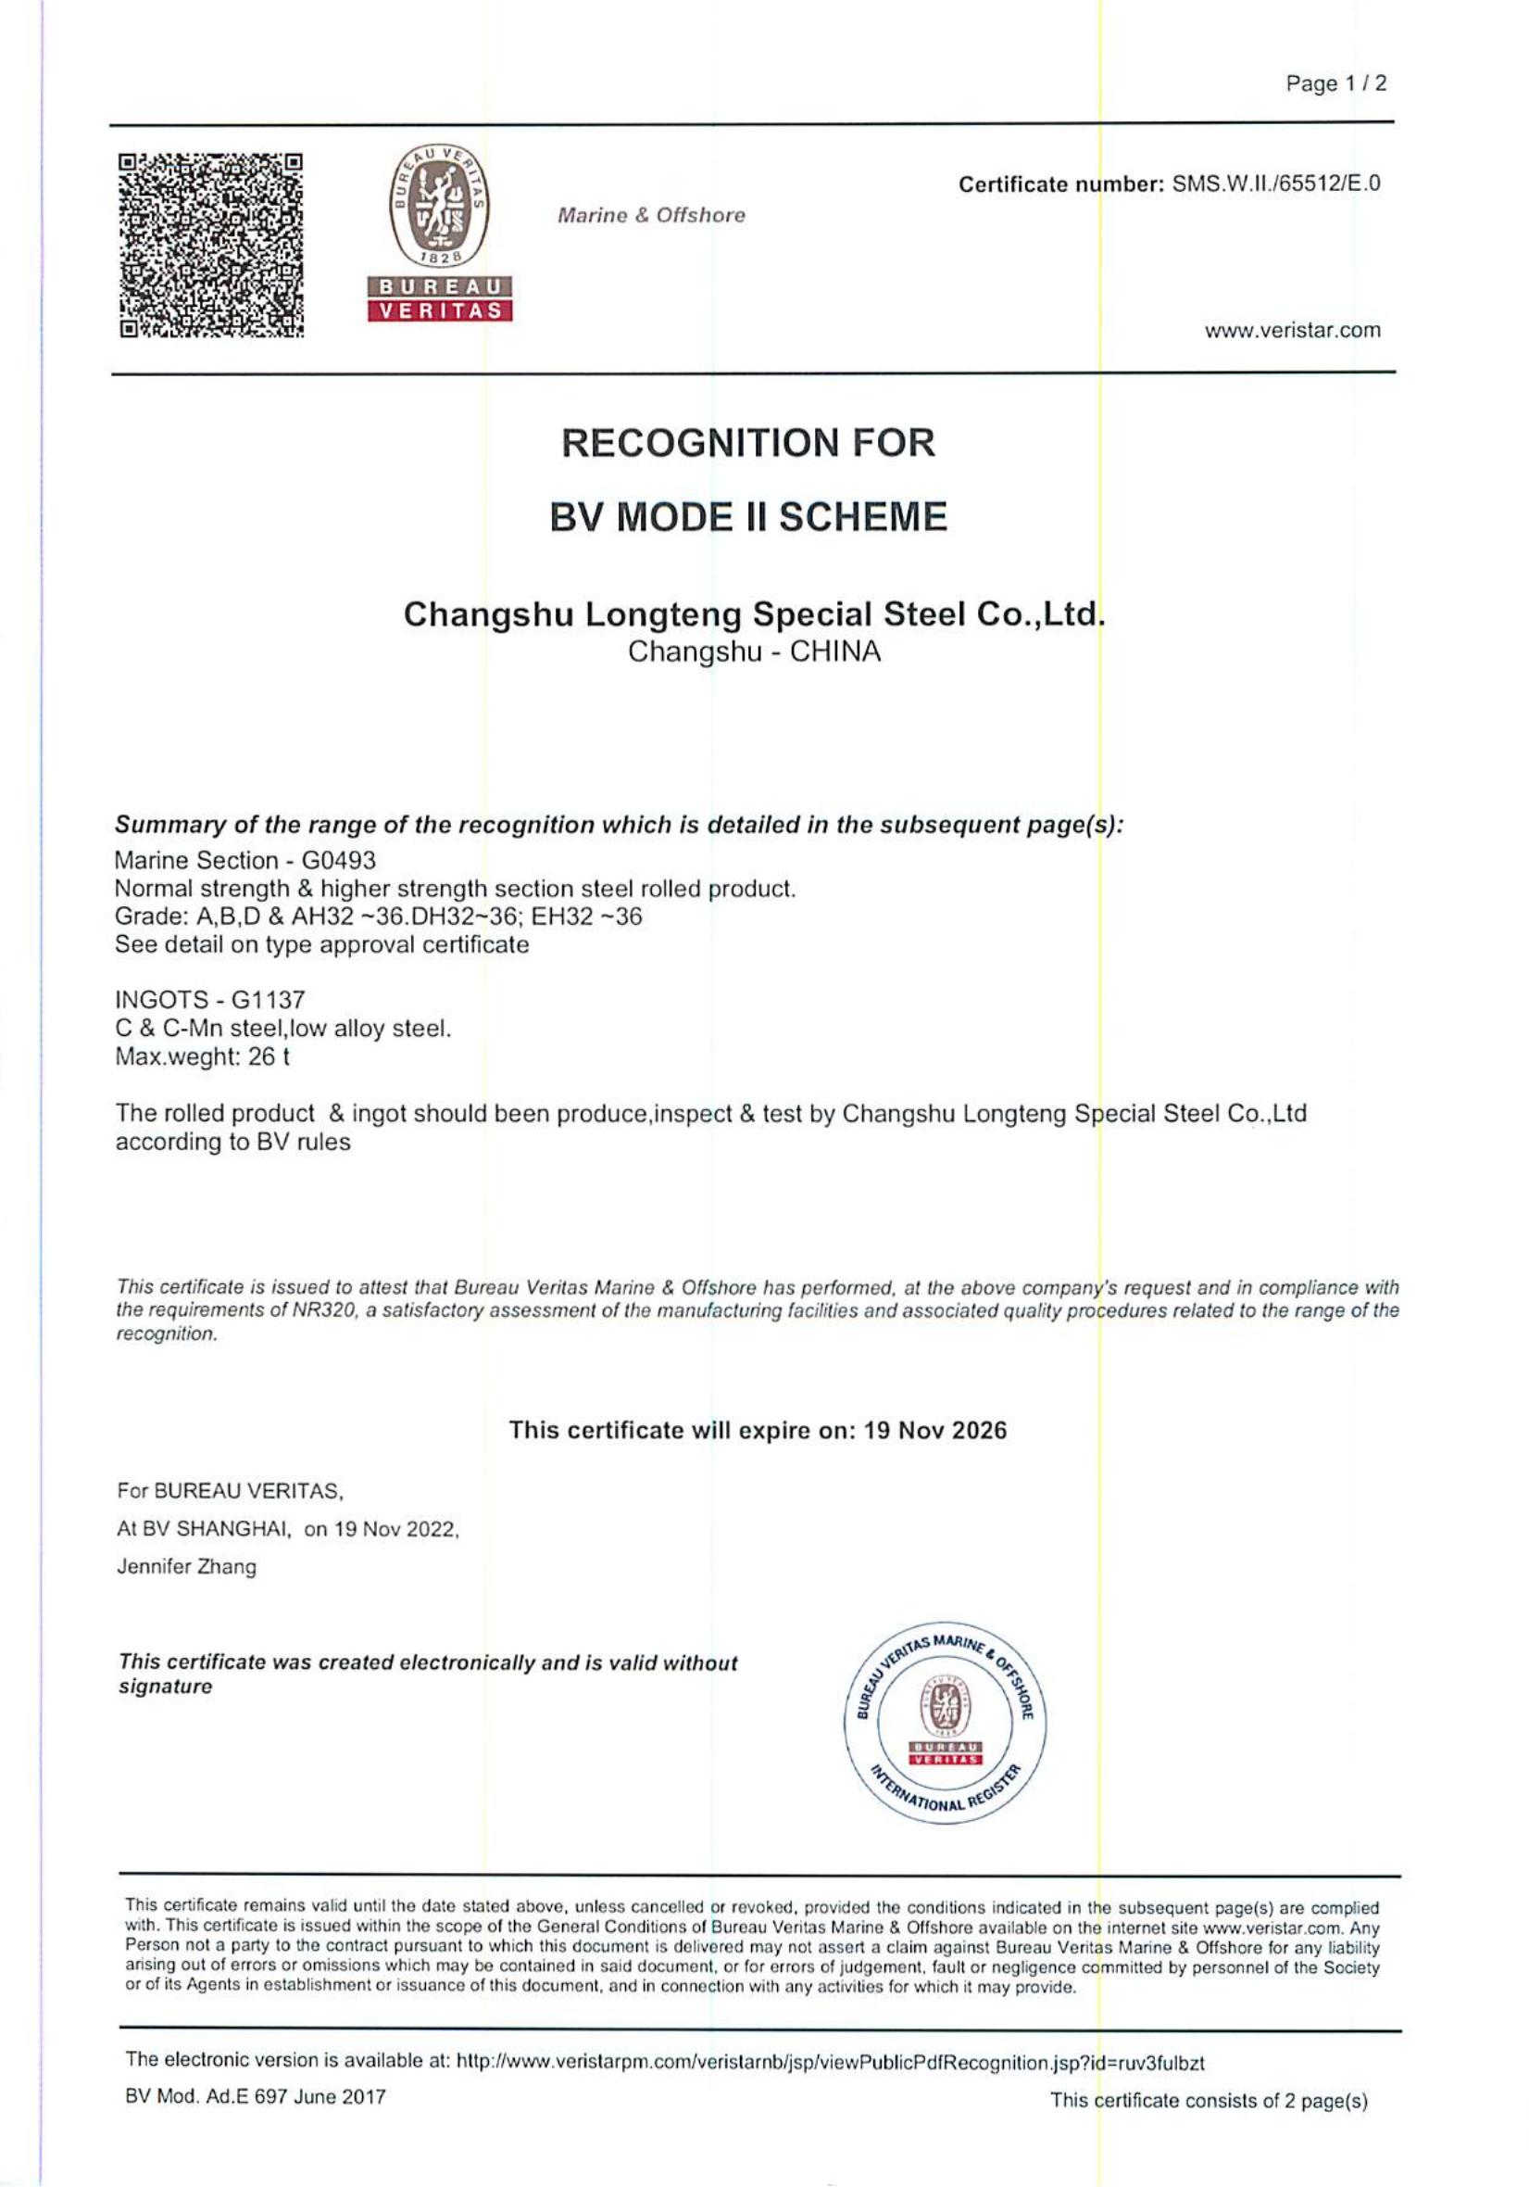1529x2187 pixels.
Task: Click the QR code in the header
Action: coord(210,246)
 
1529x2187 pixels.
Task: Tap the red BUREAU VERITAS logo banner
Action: coord(440,299)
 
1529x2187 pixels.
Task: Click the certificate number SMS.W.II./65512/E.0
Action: coord(1275,183)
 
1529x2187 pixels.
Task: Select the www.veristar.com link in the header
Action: coord(1292,332)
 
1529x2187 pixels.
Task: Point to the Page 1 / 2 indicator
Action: coord(1335,83)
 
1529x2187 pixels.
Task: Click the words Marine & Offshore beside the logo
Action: coord(651,216)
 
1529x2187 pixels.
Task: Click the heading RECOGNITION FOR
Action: coord(748,443)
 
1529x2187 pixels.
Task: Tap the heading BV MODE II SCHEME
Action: coord(748,517)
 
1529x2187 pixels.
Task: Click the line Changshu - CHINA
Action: coord(755,652)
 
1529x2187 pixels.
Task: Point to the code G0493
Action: coord(339,860)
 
